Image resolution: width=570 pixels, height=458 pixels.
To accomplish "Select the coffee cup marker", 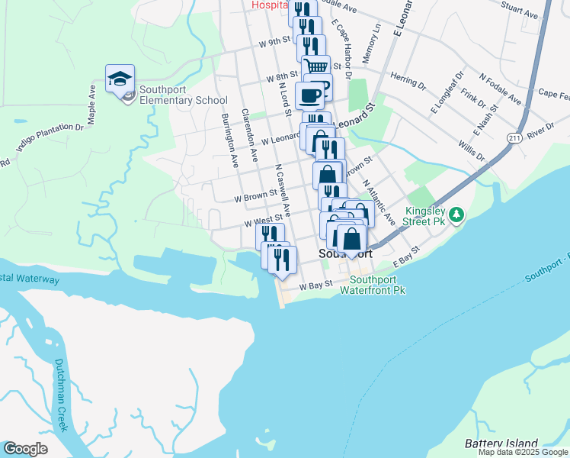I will click(x=309, y=96).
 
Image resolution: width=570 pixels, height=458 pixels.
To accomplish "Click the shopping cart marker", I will click(x=315, y=66).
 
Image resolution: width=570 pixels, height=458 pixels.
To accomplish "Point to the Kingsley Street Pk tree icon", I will click(x=456, y=215).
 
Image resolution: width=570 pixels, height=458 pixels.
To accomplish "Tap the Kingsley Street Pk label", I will click(x=427, y=216).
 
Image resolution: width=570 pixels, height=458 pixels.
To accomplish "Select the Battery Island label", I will click(x=501, y=443).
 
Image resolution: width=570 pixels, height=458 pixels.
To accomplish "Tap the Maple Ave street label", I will click(x=92, y=104).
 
